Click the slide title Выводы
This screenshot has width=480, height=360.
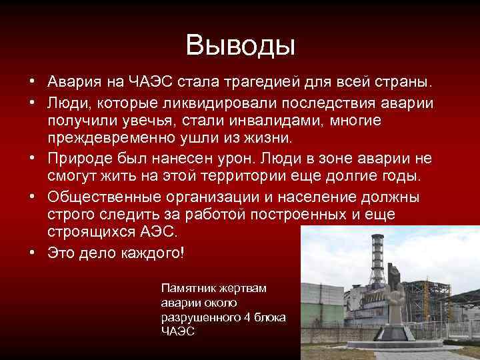240,45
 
